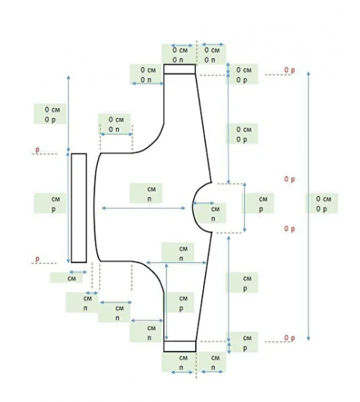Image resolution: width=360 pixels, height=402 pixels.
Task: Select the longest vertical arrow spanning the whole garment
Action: coord(308,206)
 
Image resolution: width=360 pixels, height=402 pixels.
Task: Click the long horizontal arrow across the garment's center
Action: coord(143,208)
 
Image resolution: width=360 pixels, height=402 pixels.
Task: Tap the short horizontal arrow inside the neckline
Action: coord(203,203)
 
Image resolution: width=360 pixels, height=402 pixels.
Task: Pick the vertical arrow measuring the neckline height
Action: coord(245,207)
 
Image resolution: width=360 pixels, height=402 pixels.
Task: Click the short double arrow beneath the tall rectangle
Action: coord(78,272)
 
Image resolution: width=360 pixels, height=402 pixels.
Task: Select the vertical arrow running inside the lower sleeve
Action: coord(166,302)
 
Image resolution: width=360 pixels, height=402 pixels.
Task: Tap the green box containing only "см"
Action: coord(66,277)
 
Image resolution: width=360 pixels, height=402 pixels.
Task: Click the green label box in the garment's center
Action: coord(146,193)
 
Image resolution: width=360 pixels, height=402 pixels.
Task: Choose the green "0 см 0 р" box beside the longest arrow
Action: coord(322,203)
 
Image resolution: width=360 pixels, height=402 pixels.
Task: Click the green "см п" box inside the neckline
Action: coord(210,213)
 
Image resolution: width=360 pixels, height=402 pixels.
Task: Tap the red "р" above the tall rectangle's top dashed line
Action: coord(37,149)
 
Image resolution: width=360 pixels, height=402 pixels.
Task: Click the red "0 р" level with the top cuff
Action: coord(289,70)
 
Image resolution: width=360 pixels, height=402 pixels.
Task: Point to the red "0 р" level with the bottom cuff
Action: coord(289,338)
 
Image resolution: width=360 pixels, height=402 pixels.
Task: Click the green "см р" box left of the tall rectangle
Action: coord(50,203)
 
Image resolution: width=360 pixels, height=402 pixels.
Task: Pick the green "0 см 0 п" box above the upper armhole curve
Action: coord(114,124)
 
